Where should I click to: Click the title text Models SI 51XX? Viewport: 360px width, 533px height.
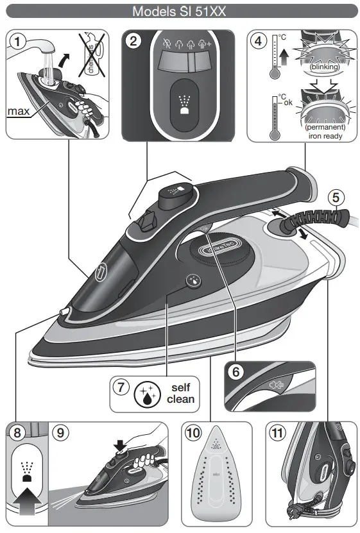[x=179, y=11]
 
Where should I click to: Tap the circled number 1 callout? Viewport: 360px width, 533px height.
[x=18, y=42]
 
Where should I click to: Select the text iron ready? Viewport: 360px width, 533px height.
[x=324, y=136]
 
